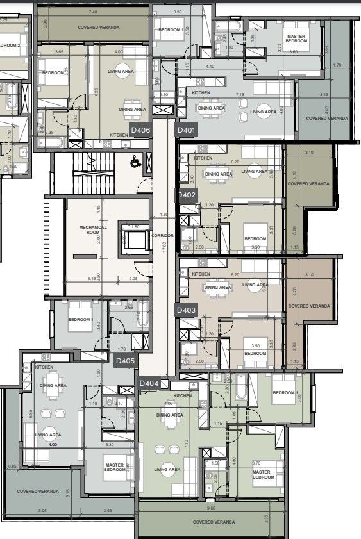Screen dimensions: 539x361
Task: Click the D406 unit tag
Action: pyautogui.click(x=140, y=130)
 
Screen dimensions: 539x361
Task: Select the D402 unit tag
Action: pyautogui.click(x=187, y=194)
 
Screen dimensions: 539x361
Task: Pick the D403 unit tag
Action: pyautogui.click(x=186, y=310)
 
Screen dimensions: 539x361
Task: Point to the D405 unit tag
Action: pyautogui.click(x=126, y=361)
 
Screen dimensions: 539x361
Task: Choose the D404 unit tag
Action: pyautogui.click(x=149, y=383)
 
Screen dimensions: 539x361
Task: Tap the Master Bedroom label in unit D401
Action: pyautogui.click(x=296, y=38)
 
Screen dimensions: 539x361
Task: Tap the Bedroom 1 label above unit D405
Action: pyautogui.click(x=81, y=319)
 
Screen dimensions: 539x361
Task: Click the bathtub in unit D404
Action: pyautogui.click(x=240, y=392)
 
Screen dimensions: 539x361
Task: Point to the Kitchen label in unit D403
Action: pyautogui.click(x=201, y=274)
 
